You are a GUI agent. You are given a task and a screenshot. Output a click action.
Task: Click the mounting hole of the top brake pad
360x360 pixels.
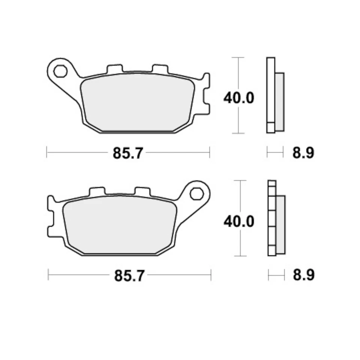click(59, 70)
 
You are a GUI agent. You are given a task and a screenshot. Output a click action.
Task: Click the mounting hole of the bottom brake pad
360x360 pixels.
click(195, 193)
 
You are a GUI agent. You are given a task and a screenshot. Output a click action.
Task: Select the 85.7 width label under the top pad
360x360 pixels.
click(128, 153)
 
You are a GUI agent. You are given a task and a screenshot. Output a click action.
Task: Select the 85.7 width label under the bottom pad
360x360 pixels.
click(129, 276)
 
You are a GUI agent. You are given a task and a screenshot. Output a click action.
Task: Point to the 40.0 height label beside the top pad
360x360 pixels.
click(239, 98)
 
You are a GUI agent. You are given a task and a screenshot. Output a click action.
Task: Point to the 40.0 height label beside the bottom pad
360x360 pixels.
click(239, 222)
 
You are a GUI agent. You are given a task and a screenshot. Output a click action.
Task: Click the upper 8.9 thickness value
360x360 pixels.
click(303, 153)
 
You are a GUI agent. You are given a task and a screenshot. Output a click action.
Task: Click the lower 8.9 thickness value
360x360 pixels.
click(303, 276)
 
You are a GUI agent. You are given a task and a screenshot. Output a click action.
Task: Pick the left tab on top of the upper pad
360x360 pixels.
click(114, 69)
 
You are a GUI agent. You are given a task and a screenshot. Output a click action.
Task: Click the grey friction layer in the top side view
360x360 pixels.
click(280, 102)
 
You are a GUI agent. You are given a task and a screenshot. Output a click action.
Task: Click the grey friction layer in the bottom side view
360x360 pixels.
click(280, 225)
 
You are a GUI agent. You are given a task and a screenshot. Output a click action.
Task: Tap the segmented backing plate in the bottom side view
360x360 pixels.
click(272, 218)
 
